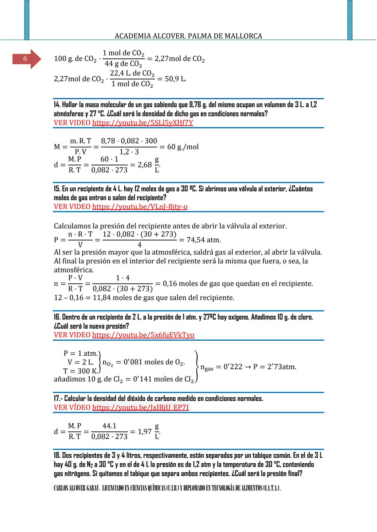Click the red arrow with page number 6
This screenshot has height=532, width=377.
point(26,59)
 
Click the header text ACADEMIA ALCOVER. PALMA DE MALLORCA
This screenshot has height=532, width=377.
point(188,36)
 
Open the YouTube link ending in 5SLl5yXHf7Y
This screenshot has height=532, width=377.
point(142,123)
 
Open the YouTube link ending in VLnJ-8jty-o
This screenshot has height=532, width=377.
point(140,207)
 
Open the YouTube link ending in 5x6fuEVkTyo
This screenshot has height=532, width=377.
point(143,335)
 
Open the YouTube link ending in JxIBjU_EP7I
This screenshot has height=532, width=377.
point(140,407)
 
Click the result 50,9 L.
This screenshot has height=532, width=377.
point(175,79)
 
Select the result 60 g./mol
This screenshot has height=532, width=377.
point(183,147)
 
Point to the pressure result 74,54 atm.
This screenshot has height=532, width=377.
point(204,240)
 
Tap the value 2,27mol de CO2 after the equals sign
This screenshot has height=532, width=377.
point(179,59)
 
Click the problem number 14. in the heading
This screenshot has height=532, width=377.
point(57,105)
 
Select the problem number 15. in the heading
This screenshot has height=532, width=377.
point(57,189)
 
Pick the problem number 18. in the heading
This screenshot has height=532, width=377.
point(57,455)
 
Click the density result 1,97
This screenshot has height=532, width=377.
point(145,431)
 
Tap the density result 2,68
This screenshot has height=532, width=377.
point(145,164)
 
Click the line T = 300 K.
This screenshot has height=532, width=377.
point(81,371)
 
